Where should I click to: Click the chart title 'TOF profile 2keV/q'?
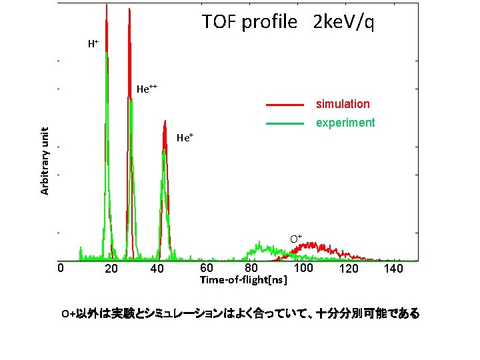[288, 23]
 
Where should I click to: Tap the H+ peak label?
[93, 45]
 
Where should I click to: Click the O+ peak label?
[295, 238]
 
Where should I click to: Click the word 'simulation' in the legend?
[343, 104]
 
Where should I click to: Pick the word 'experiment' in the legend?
[345, 123]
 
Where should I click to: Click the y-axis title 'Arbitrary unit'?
[45, 161]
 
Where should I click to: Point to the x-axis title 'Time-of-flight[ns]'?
[244, 281]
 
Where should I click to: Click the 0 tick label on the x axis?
[60, 268]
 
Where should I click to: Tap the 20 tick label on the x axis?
[111, 269]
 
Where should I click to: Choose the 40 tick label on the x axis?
[157, 269]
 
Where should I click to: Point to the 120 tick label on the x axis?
[349, 269]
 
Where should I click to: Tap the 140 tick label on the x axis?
[394, 269]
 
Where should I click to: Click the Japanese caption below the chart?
[240, 313]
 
